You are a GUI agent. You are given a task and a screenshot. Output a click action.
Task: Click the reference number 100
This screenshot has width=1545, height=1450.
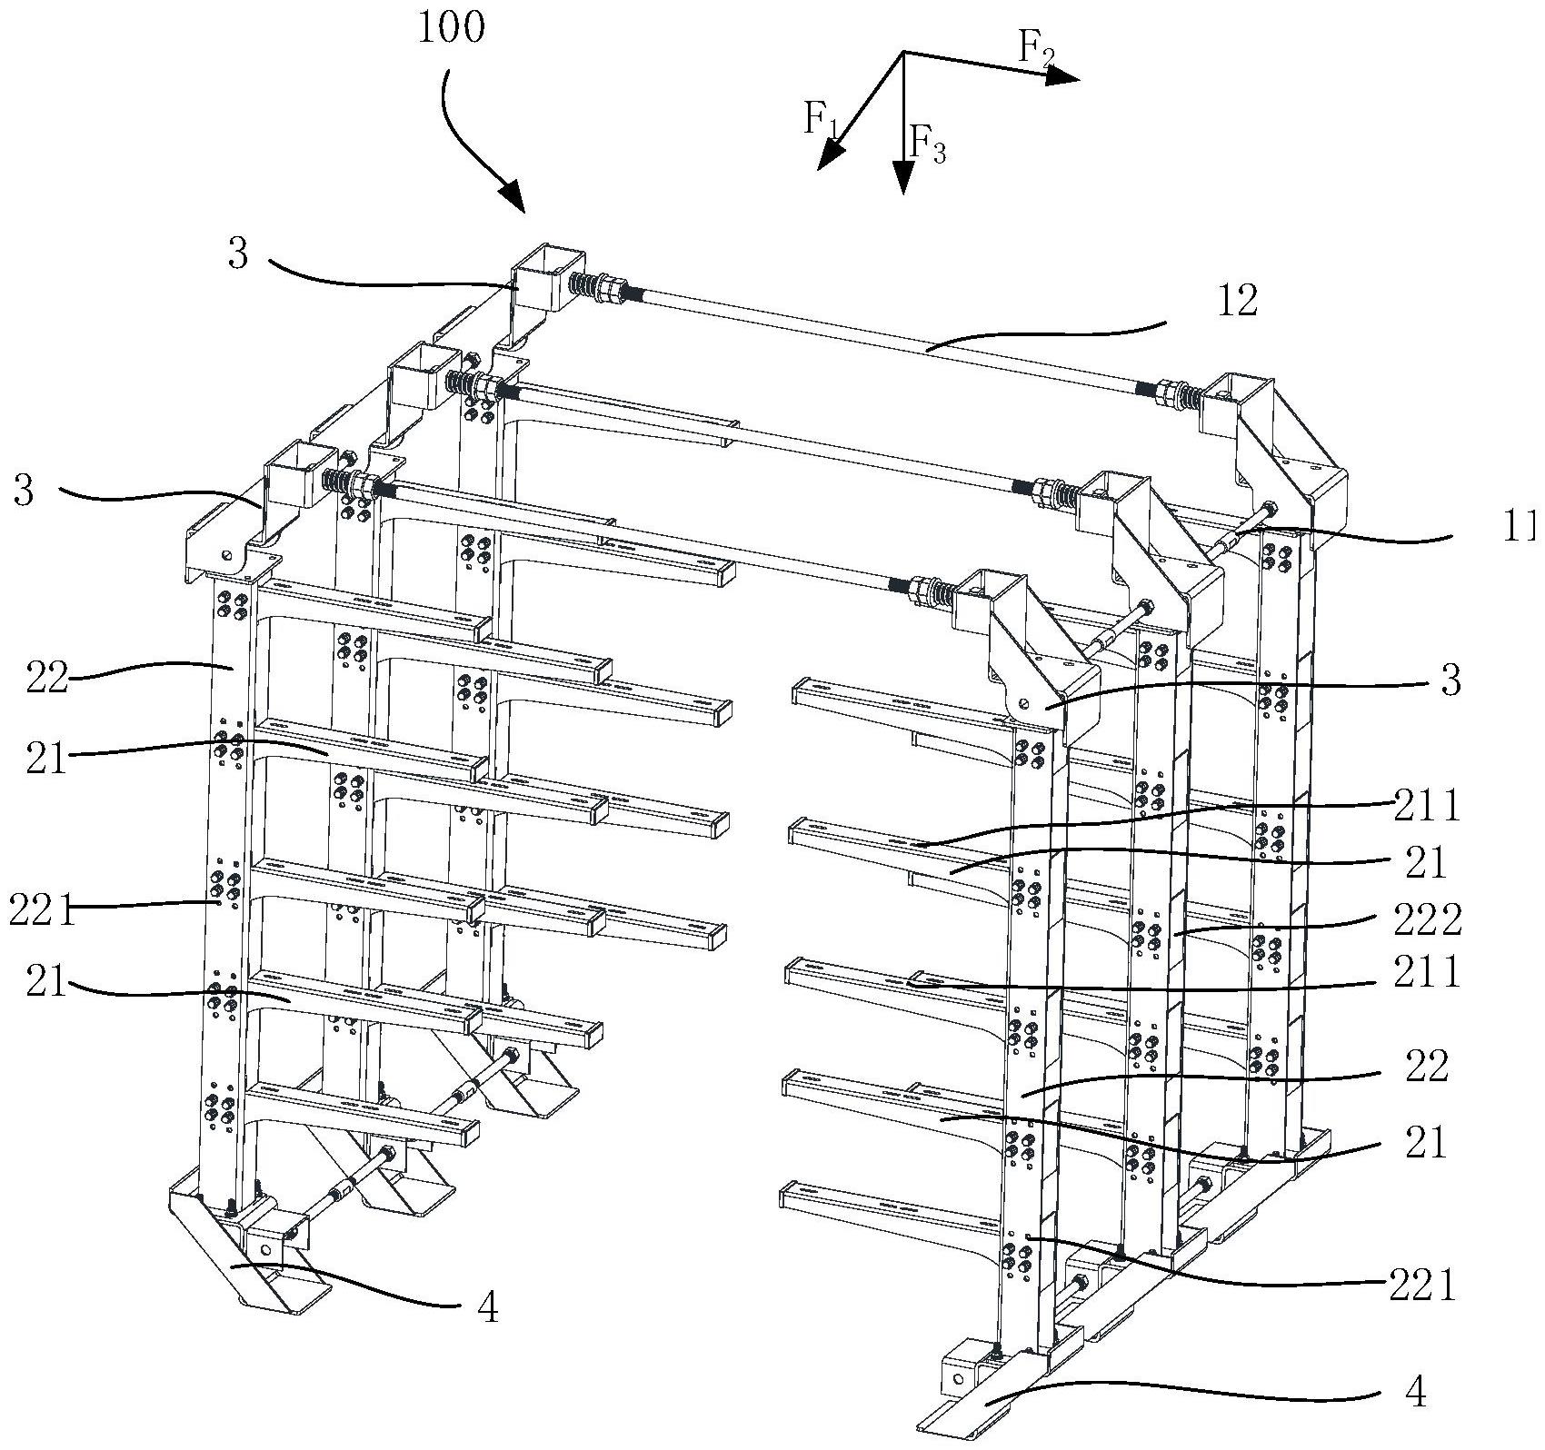point(452,28)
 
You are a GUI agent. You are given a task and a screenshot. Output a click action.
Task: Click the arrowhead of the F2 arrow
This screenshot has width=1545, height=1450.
point(1062,77)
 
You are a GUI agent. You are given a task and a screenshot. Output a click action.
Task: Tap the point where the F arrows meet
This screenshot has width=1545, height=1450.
point(902,52)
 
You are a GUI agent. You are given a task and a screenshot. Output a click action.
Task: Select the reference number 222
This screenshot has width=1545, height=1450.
point(1427,919)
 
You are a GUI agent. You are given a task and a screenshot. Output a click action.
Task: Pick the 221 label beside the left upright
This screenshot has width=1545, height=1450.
point(42,909)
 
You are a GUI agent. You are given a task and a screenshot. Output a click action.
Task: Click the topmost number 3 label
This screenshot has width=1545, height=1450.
point(237,254)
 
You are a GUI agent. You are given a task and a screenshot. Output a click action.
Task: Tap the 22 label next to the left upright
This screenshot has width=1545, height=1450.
point(48,679)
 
